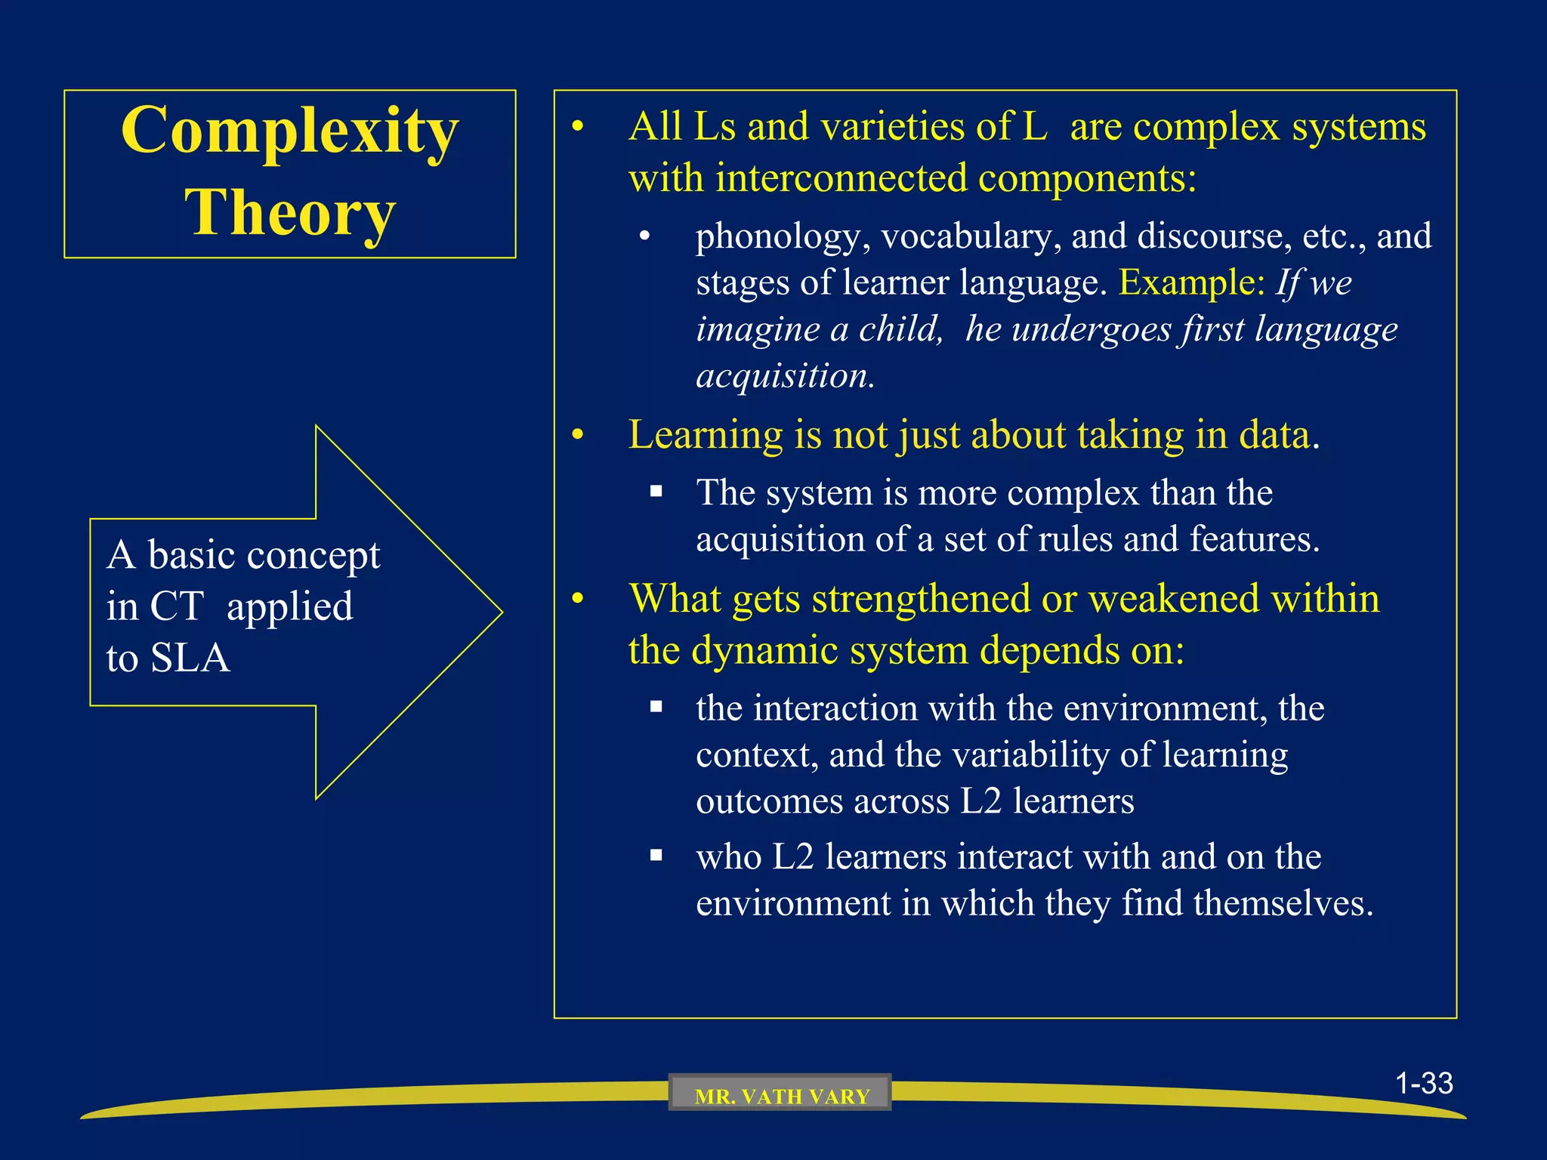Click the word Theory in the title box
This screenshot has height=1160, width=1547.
[x=289, y=214]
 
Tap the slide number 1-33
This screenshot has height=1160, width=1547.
[x=1424, y=1084]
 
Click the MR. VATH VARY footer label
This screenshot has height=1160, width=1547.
[x=781, y=1096]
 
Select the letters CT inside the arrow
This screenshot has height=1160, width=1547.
[x=177, y=606]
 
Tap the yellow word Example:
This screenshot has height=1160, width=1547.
[x=1191, y=283]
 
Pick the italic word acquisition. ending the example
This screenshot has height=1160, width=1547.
[x=785, y=376]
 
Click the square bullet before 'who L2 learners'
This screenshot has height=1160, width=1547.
[x=656, y=856]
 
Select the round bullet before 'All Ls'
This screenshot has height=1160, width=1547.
[x=578, y=127]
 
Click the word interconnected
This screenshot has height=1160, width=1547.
[x=841, y=179]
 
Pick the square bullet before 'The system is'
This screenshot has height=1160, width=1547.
[x=656, y=492]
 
